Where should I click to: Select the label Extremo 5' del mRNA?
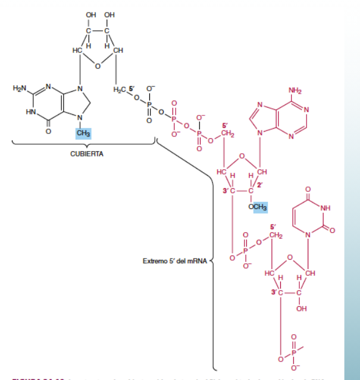point(174,261)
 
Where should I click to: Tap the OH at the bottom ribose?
point(301,309)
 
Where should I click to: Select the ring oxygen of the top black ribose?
point(97,66)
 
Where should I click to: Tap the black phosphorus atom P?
point(149,105)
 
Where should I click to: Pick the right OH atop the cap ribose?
point(109,14)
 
